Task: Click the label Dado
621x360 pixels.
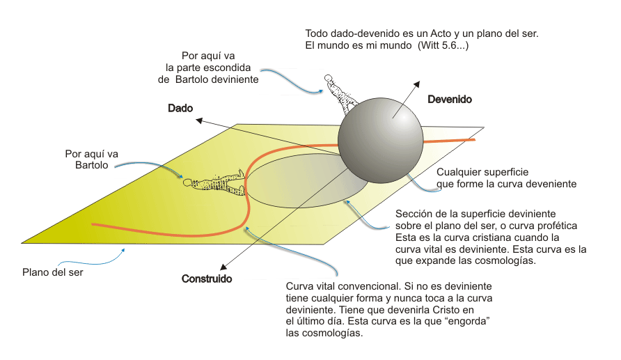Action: pos(180,109)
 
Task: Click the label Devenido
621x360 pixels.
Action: pos(449,100)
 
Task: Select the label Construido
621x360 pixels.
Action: pos(207,279)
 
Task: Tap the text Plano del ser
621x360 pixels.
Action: pos(53,272)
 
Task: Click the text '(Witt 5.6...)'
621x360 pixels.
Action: pos(446,45)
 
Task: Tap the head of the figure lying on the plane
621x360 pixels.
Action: pos(187,182)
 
